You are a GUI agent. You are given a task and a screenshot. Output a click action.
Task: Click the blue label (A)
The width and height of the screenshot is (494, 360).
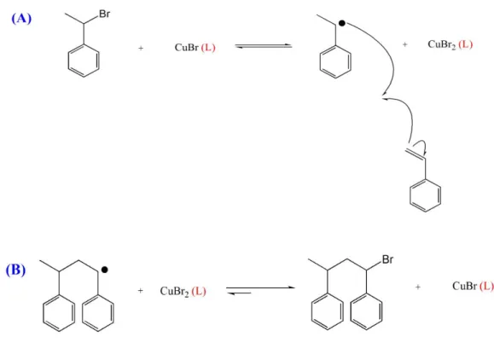[x=21, y=18]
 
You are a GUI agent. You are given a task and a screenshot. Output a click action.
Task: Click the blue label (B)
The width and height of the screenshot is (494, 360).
[x=15, y=270]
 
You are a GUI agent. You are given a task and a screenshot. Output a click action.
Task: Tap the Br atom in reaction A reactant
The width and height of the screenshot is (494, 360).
[x=104, y=14]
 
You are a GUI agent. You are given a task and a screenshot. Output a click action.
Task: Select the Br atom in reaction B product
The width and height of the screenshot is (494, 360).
[x=387, y=259]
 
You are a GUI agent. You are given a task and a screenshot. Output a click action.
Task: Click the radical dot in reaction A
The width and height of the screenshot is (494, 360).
[x=342, y=23]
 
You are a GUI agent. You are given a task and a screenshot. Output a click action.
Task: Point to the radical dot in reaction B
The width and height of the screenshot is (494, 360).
[x=105, y=270]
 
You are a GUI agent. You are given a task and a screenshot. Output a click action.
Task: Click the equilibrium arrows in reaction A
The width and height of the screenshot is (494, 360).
[x=264, y=46]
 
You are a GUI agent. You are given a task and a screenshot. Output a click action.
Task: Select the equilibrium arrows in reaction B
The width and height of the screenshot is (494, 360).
[x=260, y=290]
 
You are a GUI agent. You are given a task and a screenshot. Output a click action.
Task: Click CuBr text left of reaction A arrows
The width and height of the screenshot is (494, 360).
[x=187, y=47]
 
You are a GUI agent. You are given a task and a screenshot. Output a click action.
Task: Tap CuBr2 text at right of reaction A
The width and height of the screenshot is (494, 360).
[x=442, y=44]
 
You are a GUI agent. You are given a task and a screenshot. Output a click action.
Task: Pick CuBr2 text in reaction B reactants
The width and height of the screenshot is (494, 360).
[x=174, y=291]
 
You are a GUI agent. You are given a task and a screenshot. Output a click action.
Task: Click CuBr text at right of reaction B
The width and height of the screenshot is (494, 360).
[x=464, y=286]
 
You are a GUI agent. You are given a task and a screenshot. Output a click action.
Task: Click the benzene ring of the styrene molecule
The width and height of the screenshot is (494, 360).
[x=426, y=196]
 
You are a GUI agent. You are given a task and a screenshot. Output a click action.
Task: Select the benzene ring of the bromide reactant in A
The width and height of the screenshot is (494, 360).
[x=84, y=61]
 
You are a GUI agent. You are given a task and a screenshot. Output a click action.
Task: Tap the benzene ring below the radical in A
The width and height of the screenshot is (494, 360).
[x=335, y=61]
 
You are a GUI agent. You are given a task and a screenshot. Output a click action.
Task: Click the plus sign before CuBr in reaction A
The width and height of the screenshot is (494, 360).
[x=141, y=48]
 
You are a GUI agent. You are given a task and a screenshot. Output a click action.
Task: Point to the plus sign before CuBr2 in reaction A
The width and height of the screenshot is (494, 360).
[x=404, y=44]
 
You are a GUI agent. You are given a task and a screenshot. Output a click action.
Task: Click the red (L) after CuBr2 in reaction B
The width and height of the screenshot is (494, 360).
[x=199, y=291]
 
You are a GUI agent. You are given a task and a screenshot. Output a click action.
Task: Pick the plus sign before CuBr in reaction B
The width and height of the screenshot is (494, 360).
[x=418, y=287]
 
